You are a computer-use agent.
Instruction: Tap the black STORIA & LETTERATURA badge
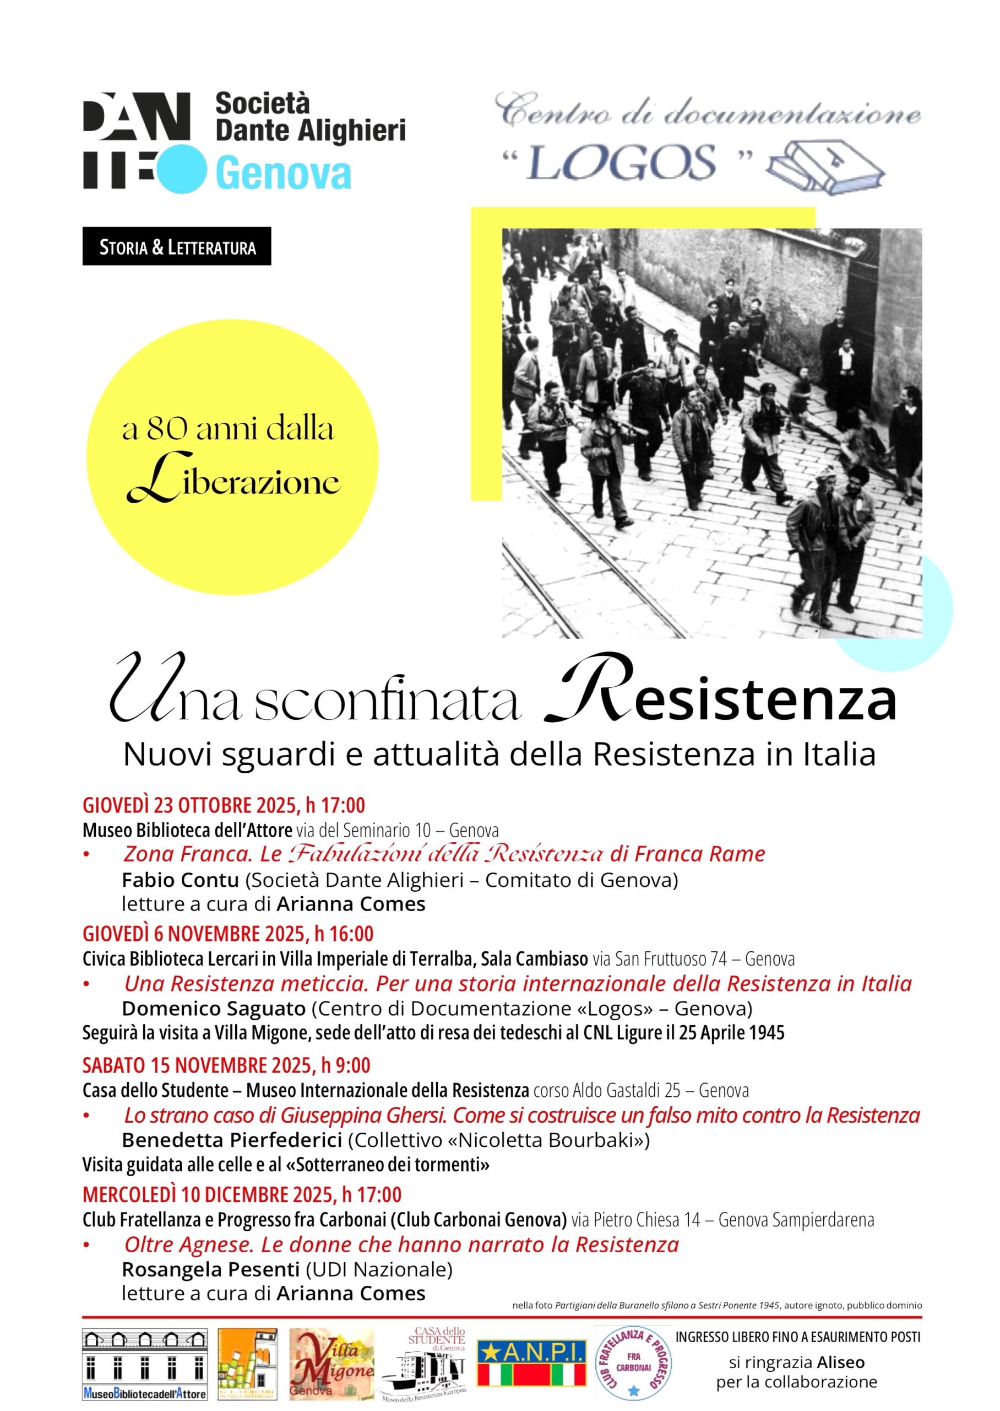coord(177,247)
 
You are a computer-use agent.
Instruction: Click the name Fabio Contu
coord(181,880)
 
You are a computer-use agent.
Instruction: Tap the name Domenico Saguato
coord(214,1009)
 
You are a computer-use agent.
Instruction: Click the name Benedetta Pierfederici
coord(231,1140)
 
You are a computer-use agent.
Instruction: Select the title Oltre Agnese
coord(188,1244)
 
